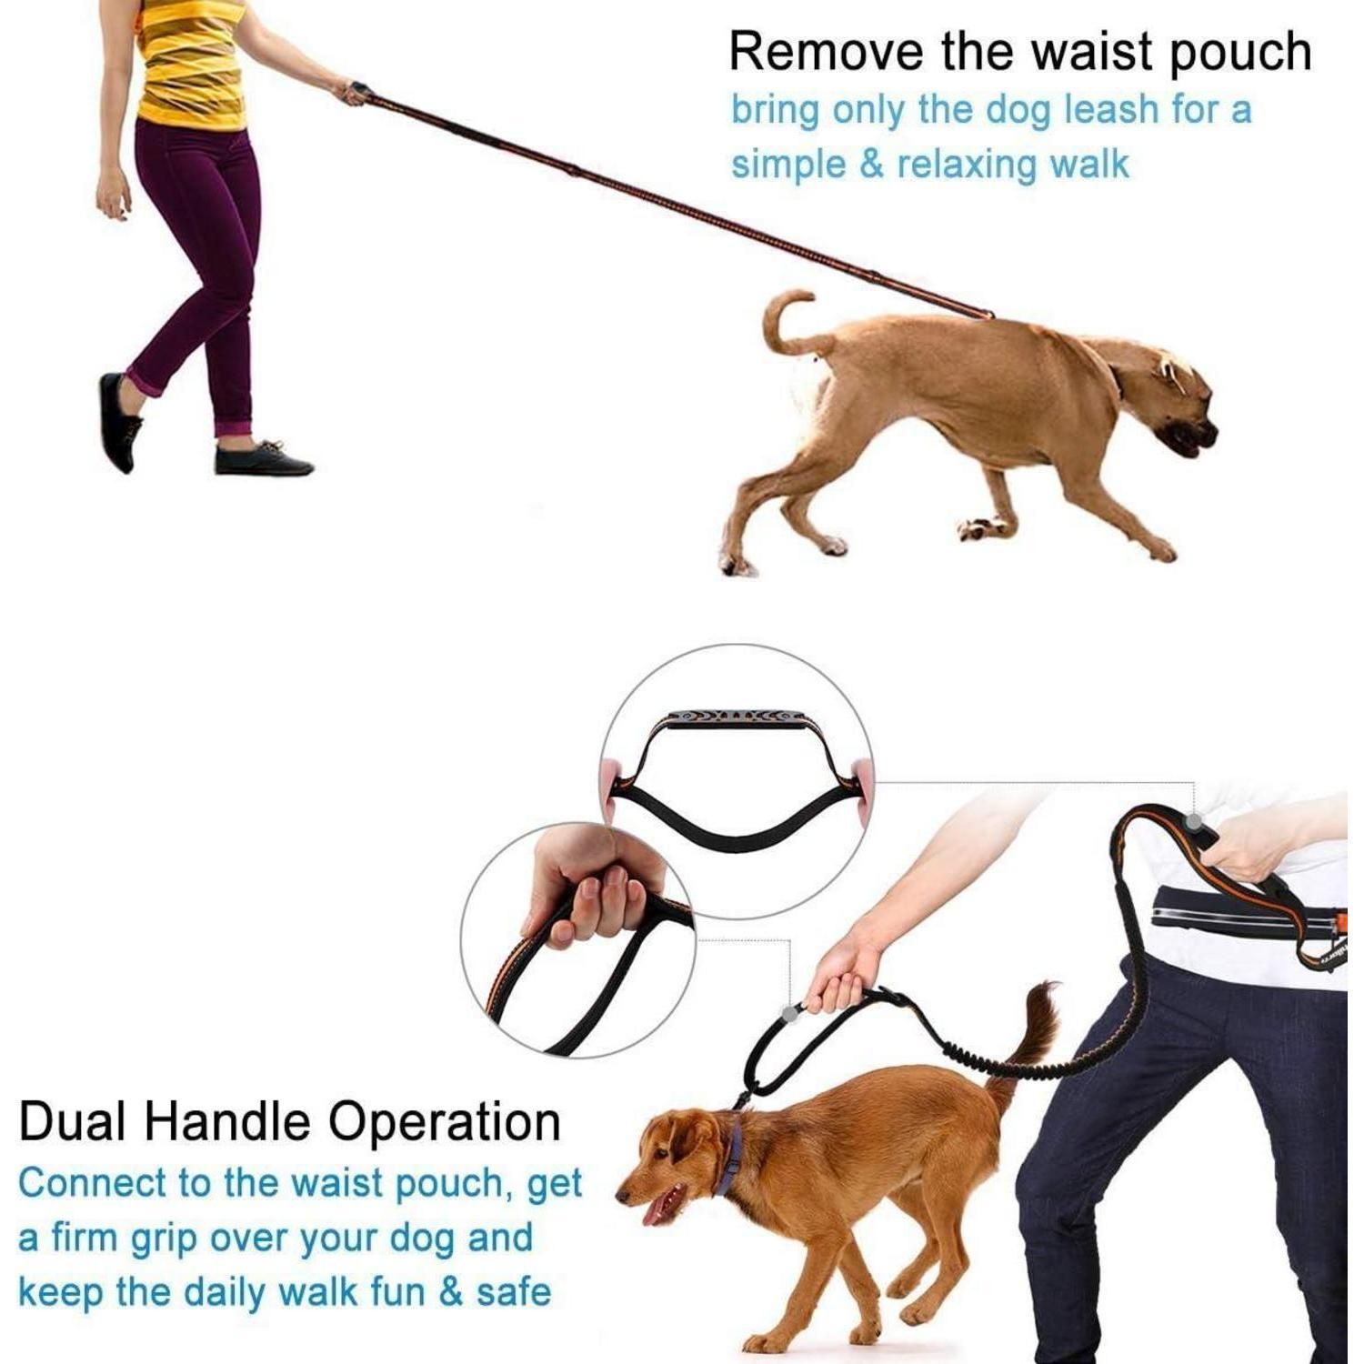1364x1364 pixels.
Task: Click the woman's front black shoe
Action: tap(264, 458)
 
